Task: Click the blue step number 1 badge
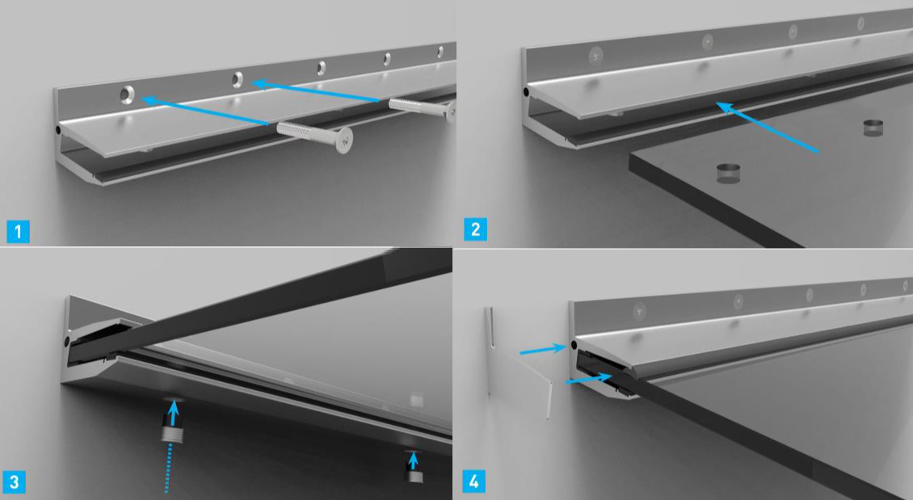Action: (x=18, y=232)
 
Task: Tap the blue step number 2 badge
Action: (x=475, y=229)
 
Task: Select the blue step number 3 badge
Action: (x=14, y=482)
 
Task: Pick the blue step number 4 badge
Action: (x=474, y=481)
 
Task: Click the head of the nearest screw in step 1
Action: (x=343, y=141)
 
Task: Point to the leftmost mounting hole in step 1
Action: (x=127, y=94)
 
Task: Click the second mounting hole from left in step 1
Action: (x=238, y=79)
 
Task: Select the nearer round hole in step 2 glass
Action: (x=728, y=173)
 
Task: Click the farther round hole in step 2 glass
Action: (x=873, y=128)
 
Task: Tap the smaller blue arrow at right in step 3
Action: (x=413, y=460)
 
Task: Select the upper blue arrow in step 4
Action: (x=543, y=350)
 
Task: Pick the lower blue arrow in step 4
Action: (x=588, y=379)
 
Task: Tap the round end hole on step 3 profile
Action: (x=67, y=339)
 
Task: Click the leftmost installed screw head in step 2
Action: (x=595, y=55)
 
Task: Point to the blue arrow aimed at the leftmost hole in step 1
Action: (x=205, y=111)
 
